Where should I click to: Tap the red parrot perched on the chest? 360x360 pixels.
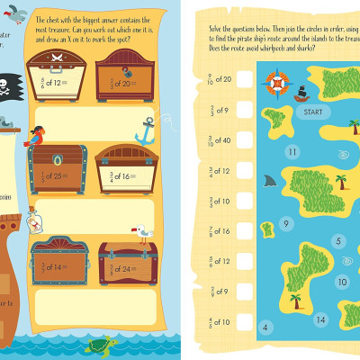(37, 137)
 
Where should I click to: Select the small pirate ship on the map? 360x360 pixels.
(303, 93)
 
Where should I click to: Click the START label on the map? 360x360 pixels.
(312, 112)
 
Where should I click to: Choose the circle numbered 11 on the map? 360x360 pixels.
(292, 152)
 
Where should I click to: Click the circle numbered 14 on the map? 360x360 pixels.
(320, 319)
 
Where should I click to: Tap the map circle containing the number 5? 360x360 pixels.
(337, 240)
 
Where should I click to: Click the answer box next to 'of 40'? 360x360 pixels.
(236, 140)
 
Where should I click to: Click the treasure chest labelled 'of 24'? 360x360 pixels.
(127, 257)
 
